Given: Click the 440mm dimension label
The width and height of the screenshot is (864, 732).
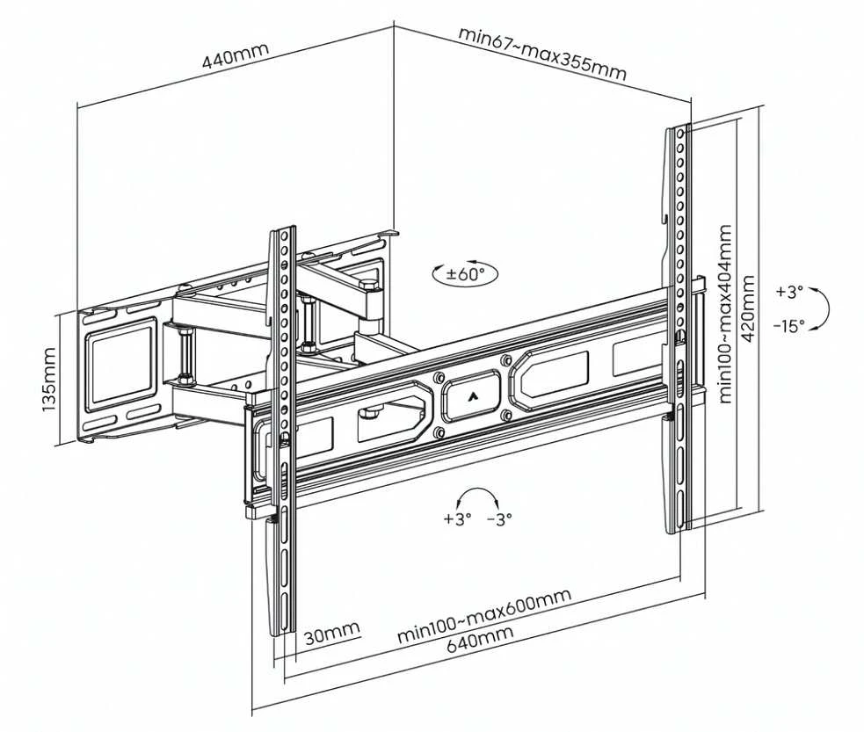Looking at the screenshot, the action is tap(236, 55).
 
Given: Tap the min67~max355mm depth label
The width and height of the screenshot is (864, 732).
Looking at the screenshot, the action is tap(542, 54).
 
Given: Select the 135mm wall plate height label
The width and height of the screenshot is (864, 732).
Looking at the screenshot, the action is tap(48, 379).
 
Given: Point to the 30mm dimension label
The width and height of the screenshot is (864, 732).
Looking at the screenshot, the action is tap(332, 634).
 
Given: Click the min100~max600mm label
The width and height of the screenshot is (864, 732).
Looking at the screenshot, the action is tap(484, 615).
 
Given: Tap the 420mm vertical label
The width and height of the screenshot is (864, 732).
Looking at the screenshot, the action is tap(749, 308).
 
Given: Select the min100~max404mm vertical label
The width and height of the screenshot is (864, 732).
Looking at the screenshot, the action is tap(725, 314).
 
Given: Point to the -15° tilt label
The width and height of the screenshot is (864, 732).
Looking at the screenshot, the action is tap(788, 326).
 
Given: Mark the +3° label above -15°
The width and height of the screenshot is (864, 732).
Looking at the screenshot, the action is tap(789, 292).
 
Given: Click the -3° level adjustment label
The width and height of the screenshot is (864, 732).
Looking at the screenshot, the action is tap(499, 518).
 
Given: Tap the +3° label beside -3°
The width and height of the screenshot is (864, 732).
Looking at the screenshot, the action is tap(457, 518).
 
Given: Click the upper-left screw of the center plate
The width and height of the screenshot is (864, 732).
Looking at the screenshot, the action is tap(439, 378).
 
